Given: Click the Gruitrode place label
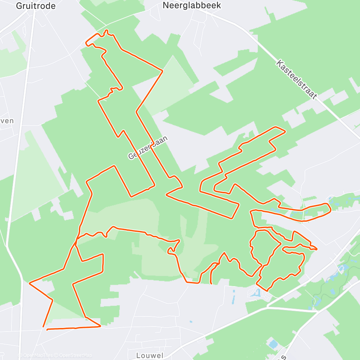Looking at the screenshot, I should point(36,6).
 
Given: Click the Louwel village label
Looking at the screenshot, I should point(149,355).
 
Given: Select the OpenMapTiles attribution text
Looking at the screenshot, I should point(37,356).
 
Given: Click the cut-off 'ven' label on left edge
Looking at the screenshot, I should point(7,121).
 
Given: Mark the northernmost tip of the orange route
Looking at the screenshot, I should point(107,31).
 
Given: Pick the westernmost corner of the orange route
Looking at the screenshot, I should point(29,283).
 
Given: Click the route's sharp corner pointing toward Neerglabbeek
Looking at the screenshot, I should point(162,71).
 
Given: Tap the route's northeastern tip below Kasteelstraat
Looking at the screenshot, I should point(285,131).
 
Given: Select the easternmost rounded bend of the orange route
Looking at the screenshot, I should point(330,209).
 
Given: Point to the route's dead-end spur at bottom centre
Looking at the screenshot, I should point(211,283).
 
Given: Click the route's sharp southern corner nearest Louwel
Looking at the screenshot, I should point(100,326).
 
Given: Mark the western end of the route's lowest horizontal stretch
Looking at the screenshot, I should point(48,329).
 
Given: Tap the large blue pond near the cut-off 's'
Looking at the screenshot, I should point(273,344).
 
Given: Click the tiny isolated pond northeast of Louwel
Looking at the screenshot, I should point(190,322).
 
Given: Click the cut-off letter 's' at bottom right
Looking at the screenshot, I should point(284,356).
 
